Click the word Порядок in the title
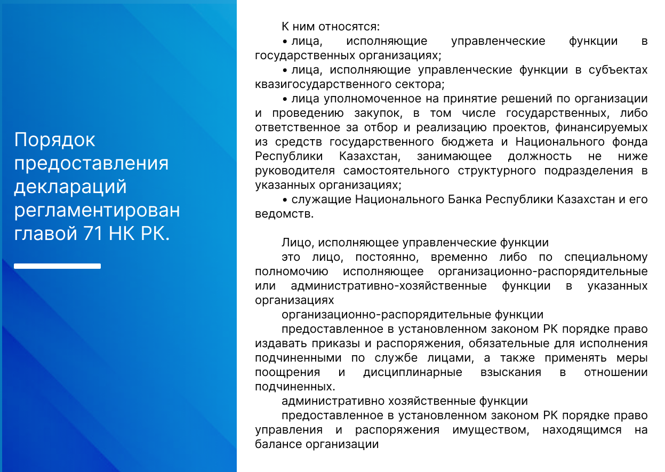click(54, 140)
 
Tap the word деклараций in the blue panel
click(70, 187)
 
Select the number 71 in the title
click(93, 233)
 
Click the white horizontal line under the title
click(57, 266)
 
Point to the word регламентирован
click(97, 211)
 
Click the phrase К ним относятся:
click(331, 27)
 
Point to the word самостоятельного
click(396, 171)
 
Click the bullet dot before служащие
click(285, 201)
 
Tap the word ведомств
click(284, 214)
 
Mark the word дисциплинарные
click(413, 373)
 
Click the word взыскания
click(511, 373)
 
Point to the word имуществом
click(491, 430)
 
